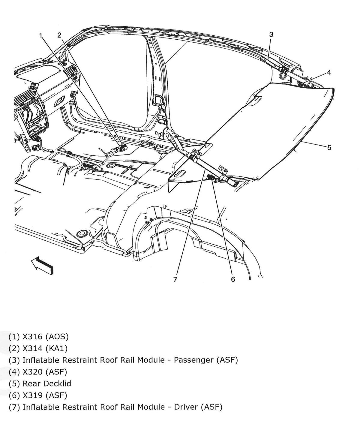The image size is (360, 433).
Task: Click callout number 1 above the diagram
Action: pyautogui.click(x=41, y=35)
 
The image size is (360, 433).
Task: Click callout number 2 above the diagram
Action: pyautogui.click(x=59, y=35)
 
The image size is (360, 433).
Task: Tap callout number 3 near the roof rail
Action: pyautogui.click(x=271, y=35)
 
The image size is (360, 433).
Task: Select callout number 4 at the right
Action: pyautogui.click(x=329, y=72)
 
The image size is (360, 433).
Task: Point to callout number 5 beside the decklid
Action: pyautogui.click(x=329, y=148)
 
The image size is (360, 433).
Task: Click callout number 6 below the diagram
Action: pyautogui.click(x=233, y=279)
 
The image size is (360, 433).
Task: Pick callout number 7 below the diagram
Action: pyautogui.click(x=175, y=279)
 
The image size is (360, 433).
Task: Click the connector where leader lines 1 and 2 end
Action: pyautogui.click(x=122, y=147)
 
